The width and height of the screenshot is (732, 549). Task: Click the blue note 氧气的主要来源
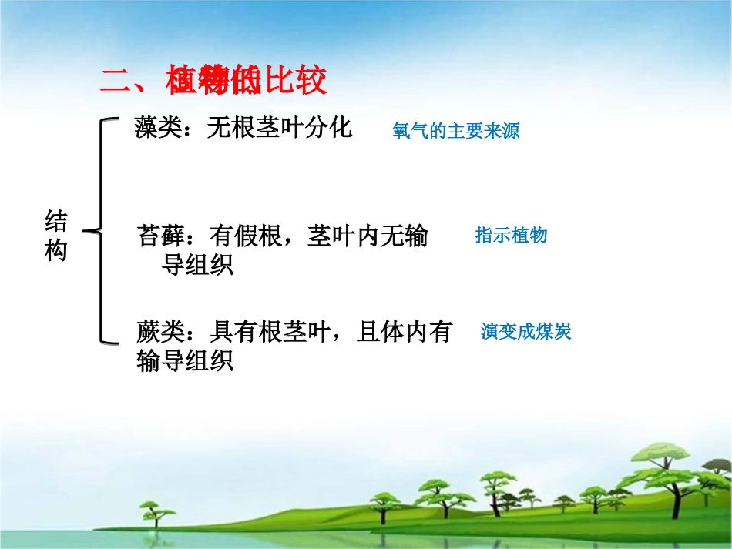pos(456,131)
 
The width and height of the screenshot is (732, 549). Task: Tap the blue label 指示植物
pos(511,236)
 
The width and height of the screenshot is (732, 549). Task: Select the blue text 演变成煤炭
pos(525,333)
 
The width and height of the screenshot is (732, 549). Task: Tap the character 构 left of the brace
pos(55,251)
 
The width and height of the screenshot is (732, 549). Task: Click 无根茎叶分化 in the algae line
pos(279,128)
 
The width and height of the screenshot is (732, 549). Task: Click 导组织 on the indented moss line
pos(198,266)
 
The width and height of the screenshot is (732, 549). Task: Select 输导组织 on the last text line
pos(185,360)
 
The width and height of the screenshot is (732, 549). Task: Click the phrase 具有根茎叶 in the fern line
pos(271,333)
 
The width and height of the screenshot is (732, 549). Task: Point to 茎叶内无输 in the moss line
pos(368,236)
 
